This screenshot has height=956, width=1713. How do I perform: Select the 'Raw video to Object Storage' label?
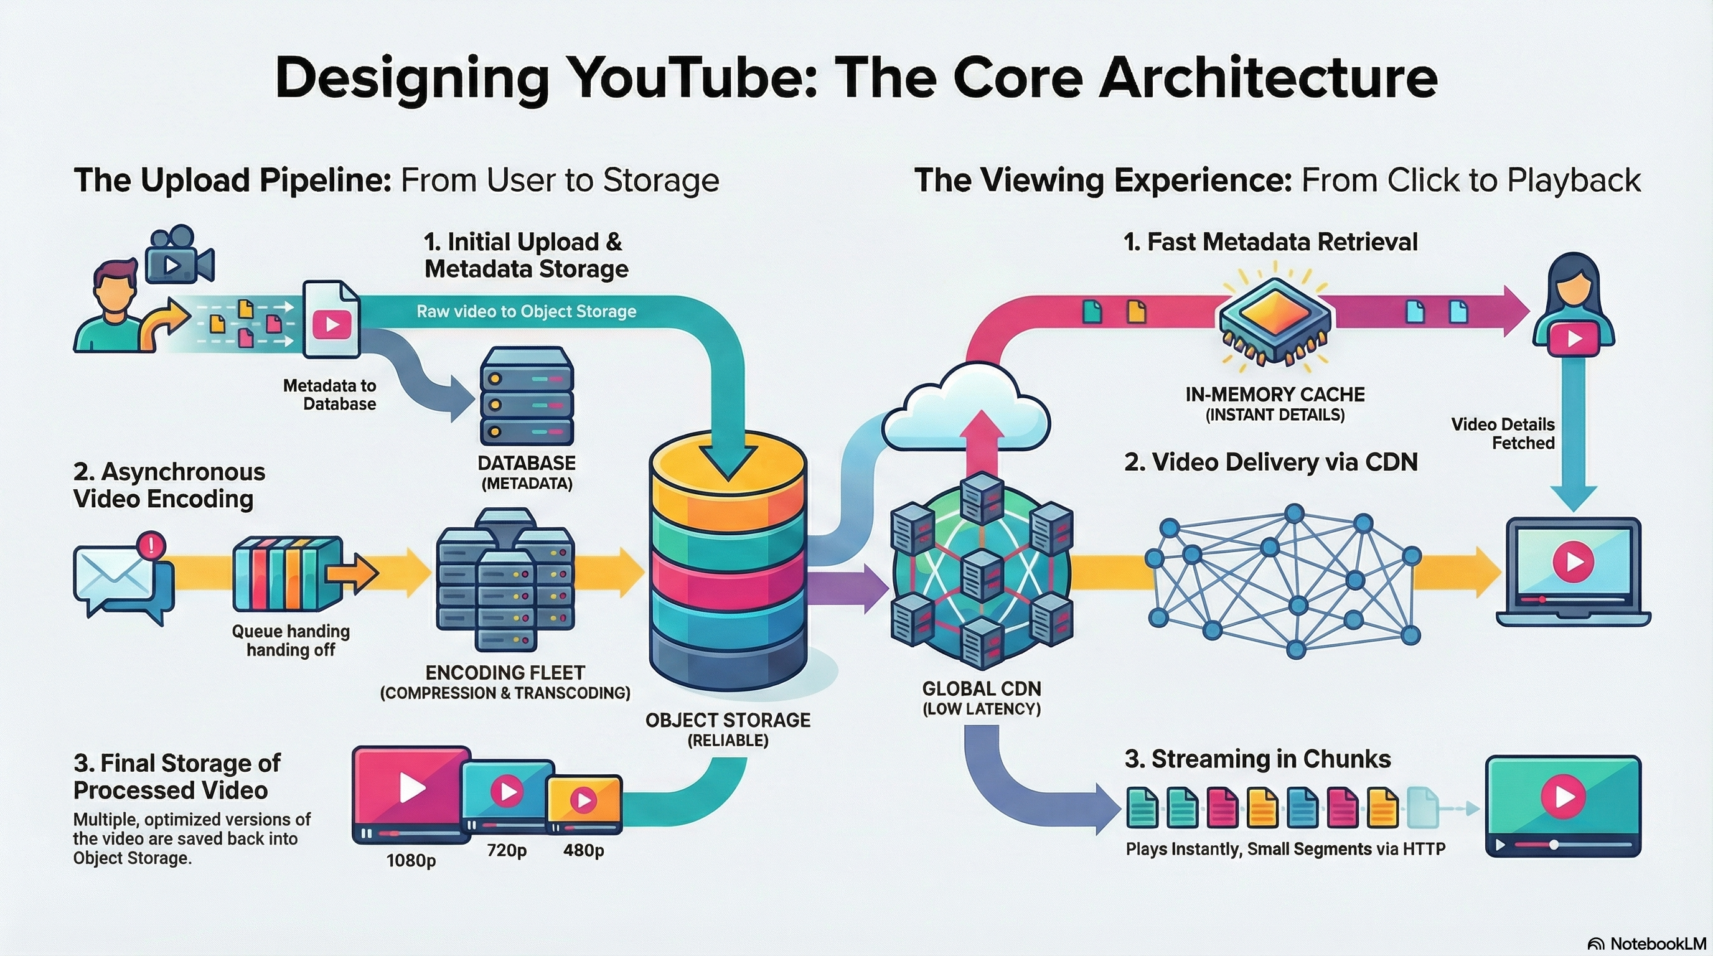point(526,311)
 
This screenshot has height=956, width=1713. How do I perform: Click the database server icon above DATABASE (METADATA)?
point(526,396)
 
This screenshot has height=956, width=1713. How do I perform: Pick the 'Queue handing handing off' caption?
point(291,640)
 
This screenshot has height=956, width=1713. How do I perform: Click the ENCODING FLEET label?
point(505,673)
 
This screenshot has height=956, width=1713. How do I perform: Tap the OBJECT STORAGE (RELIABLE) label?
point(728,729)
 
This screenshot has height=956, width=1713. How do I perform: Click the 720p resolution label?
point(507,850)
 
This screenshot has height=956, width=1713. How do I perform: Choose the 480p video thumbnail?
point(584,803)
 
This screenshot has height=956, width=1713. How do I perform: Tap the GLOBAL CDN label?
point(982,689)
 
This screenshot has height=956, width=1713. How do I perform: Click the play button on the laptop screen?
point(1574,562)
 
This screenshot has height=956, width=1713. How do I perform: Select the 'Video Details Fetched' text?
point(1503,433)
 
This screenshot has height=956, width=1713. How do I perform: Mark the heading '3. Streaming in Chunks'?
point(1257,759)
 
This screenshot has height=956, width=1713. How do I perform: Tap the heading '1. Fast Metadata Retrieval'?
point(1270,242)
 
